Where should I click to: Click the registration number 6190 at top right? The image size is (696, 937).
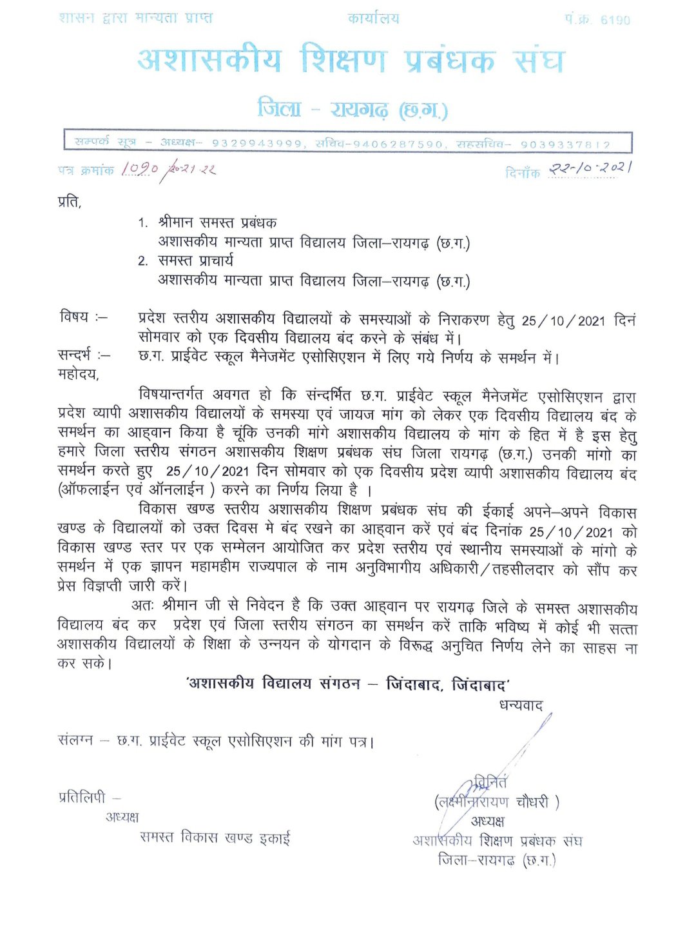pos(615,20)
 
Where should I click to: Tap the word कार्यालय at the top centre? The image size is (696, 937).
pos(373,19)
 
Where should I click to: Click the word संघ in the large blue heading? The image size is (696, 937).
pos(539,61)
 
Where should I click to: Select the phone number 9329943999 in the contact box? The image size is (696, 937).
pos(256,144)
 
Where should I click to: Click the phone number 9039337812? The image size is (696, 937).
pos(565,144)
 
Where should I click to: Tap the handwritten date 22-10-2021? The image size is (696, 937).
pos(590,168)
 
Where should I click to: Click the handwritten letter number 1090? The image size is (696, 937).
pos(140,169)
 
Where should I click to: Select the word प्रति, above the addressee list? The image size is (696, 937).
pos(70,202)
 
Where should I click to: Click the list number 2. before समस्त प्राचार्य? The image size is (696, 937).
pos(142,261)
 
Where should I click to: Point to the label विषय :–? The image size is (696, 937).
pos(83,317)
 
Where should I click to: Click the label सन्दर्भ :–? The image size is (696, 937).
pos(83,355)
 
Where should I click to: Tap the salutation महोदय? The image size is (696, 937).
pos(78,374)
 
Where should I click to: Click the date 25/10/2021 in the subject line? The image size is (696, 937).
pos(563,321)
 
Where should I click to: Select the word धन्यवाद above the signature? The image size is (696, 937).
pos(521,705)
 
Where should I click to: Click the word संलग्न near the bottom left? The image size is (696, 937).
pos(75,740)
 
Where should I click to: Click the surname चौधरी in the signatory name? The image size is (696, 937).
pos(532,802)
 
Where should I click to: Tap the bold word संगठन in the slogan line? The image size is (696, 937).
pos(340,684)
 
